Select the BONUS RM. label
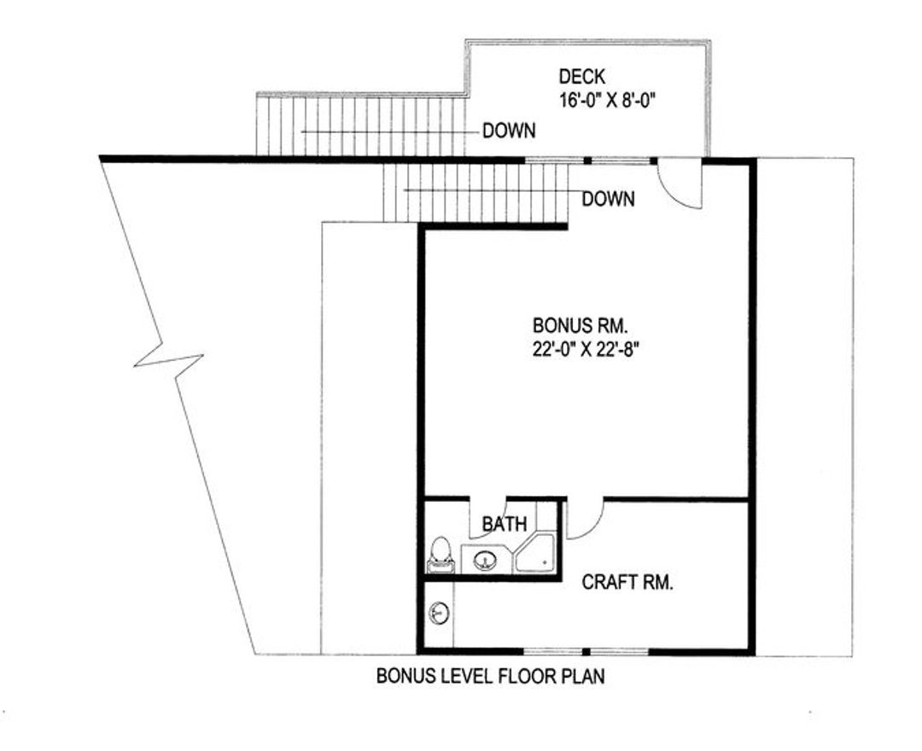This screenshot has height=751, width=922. click(x=581, y=325)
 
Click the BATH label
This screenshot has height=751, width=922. click(x=505, y=524)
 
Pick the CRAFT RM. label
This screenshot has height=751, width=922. click(x=628, y=583)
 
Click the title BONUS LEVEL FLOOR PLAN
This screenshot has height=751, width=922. click(x=491, y=678)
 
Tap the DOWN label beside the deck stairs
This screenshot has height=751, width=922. click(x=509, y=131)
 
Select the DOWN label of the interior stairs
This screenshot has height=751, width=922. click(x=608, y=200)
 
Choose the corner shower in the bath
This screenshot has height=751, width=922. click(x=535, y=553)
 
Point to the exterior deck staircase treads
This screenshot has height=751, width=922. click(x=359, y=126)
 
